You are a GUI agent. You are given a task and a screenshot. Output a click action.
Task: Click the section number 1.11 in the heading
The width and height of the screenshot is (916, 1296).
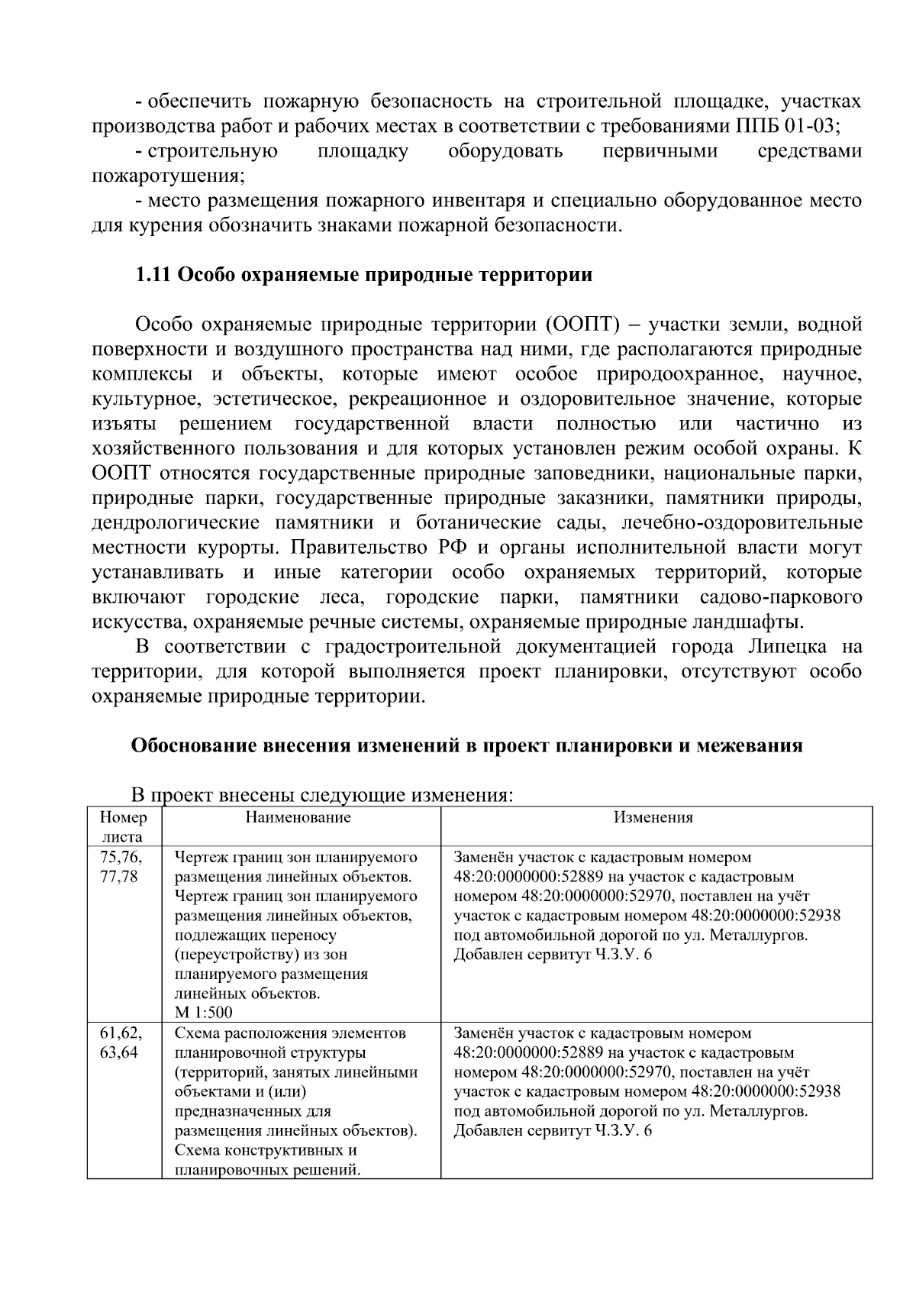(153, 275)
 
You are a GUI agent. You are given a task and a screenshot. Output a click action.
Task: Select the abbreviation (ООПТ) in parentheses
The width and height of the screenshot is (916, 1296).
(581, 325)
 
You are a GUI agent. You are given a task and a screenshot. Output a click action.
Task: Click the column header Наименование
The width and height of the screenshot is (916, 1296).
(298, 818)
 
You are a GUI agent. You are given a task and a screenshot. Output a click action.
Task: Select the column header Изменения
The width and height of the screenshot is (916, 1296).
(653, 818)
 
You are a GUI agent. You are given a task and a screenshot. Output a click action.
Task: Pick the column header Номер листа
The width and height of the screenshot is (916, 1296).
(123, 826)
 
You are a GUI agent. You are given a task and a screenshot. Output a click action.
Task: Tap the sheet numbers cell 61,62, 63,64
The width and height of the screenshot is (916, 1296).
(121, 1043)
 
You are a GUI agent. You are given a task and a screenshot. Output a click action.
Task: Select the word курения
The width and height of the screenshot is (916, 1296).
(165, 226)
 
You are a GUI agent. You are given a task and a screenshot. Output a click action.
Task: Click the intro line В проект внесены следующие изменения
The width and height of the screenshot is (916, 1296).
(321, 796)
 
